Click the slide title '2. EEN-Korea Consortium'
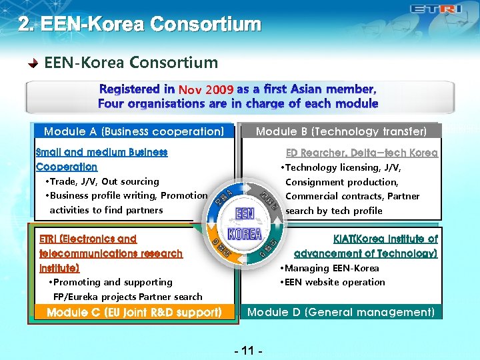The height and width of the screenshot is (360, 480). (x=139, y=25)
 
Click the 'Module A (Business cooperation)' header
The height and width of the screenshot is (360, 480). (x=134, y=131)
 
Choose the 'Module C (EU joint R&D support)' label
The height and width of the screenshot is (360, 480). (x=134, y=312)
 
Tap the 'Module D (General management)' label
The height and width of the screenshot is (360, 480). (x=341, y=312)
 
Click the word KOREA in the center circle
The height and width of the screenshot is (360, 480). (x=244, y=234)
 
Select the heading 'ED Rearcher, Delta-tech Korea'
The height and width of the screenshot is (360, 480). (x=361, y=153)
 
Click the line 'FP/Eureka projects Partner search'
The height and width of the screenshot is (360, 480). (x=127, y=297)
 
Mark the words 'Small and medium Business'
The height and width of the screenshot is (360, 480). (x=101, y=152)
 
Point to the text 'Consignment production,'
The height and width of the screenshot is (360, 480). (x=342, y=182)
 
